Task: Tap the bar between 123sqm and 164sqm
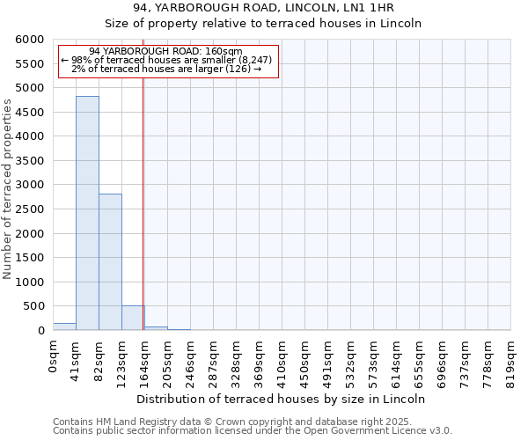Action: [133, 318]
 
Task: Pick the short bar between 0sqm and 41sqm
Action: [64, 326]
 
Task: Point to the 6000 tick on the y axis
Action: [29, 40]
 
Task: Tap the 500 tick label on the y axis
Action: [33, 306]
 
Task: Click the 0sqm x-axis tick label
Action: [53, 356]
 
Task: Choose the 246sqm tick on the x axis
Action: [190, 359]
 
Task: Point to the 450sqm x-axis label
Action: [304, 359]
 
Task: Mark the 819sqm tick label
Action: [510, 359]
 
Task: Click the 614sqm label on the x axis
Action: [396, 359]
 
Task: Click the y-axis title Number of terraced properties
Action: [9, 189]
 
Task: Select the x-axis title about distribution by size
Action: [282, 399]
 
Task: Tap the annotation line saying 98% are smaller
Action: [167, 60]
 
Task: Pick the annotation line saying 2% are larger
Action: [166, 69]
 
